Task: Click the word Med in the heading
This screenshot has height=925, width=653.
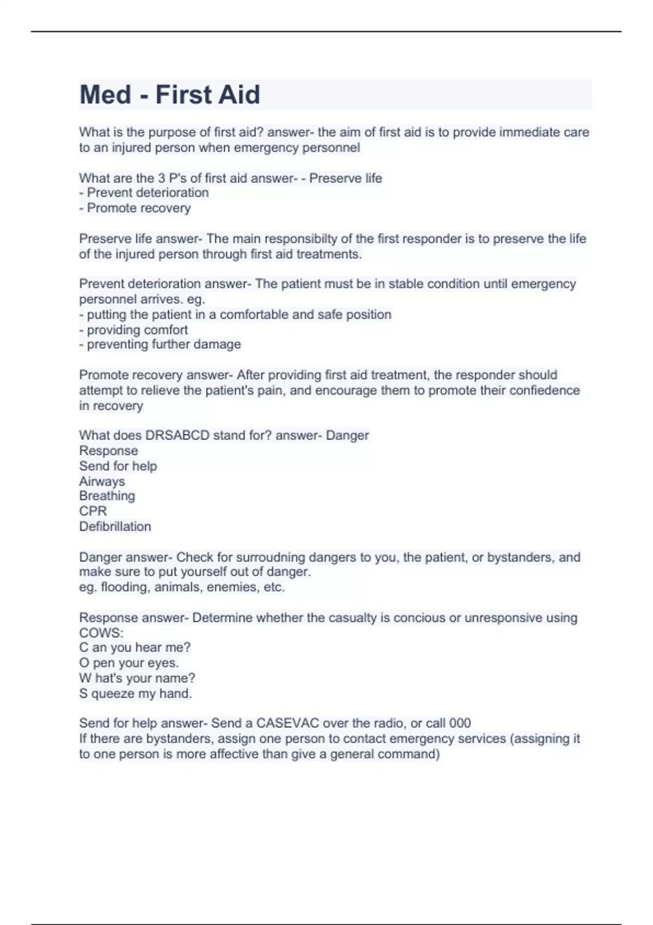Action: coord(106,95)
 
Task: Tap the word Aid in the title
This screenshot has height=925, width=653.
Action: coord(239,95)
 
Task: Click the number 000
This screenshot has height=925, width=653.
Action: coord(460,723)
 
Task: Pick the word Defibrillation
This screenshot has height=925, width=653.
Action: coord(115,527)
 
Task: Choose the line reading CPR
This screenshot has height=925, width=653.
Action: coord(93,511)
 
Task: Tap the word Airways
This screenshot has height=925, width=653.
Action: coord(102,482)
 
